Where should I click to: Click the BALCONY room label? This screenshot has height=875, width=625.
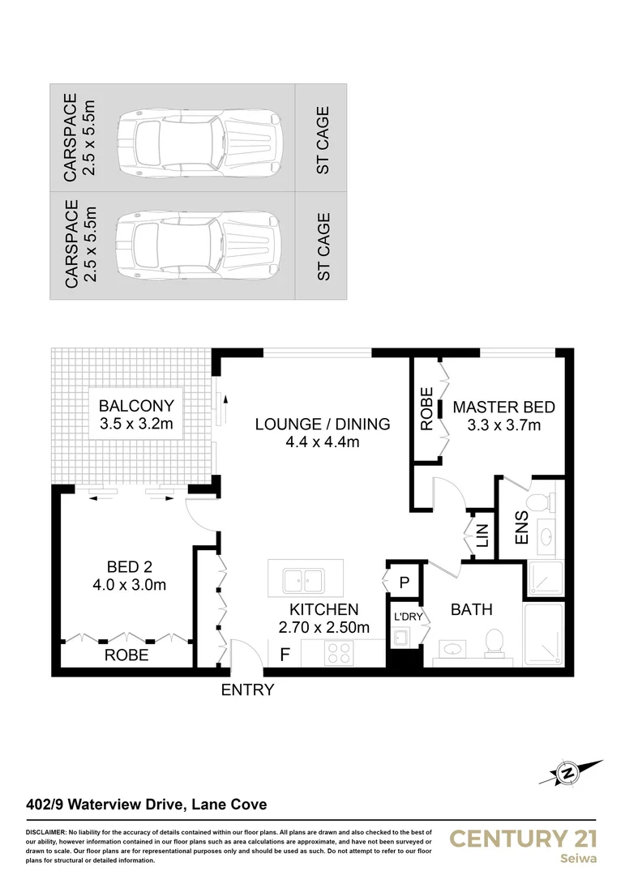click(136, 406)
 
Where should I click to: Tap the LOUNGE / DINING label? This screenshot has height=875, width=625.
click(322, 424)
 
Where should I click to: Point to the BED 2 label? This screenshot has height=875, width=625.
click(130, 566)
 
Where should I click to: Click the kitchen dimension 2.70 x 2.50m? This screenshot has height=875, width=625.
click(323, 627)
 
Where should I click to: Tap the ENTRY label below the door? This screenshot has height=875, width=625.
click(247, 690)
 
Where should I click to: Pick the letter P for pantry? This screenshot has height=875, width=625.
click(403, 582)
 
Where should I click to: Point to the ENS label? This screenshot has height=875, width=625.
click(520, 527)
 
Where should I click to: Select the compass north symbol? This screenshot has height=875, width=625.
click(567, 774)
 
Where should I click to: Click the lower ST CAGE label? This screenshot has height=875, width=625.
click(323, 246)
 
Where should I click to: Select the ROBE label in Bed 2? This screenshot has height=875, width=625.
click(126, 655)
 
